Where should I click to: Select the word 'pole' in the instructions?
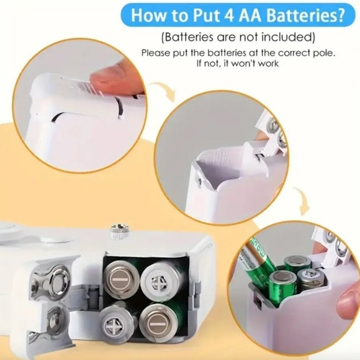pyautogui.click(x=324, y=53)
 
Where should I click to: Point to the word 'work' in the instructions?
pyautogui.click(x=268, y=63)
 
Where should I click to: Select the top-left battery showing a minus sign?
pyautogui.click(x=122, y=278)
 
